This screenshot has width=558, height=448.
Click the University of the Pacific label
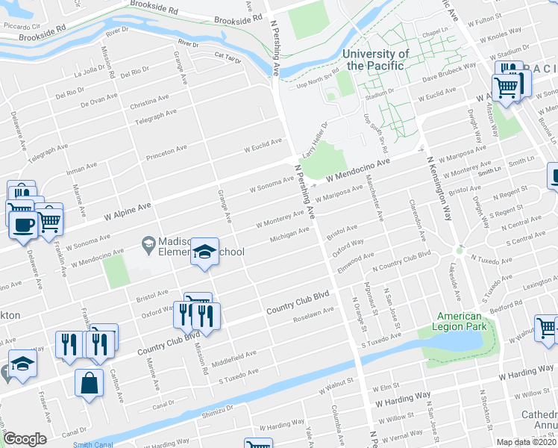(376, 60)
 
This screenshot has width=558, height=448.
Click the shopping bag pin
(90, 382)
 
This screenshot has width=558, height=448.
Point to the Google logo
(25, 439)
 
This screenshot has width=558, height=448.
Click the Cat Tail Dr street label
(227, 56)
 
